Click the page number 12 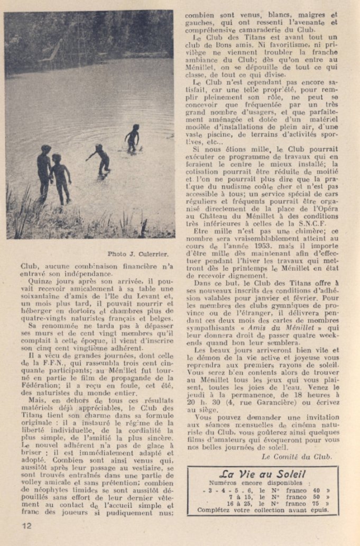point(27,525)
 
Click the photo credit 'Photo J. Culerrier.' point(140,253)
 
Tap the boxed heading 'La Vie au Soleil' point(262,474)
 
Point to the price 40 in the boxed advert point(319,490)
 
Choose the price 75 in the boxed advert point(319,504)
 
